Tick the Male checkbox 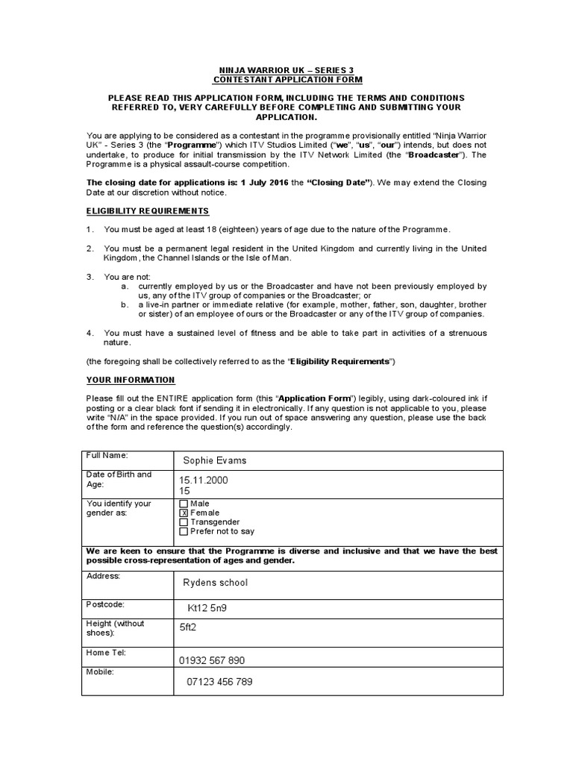click(x=184, y=504)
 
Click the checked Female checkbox click(x=184, y=513)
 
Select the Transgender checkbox click(x=184, y=522)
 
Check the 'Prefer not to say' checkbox click(x=184, y=532)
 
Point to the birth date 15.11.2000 click(x=204, y=480)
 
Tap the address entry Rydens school click(x=215, y=583)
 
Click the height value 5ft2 click(x=189, y=627)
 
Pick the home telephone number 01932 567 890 click(x=212, y=660)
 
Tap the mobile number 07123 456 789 click(x=220, y=682)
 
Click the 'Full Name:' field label click(x=107, y=454)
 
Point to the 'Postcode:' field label click(x=106, y=604)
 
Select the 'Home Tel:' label click(x=107, y=652)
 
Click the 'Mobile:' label click(x=101, y=671)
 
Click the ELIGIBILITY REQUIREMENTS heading click(x=148, y=211)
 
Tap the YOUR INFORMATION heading click(x=131, y=381)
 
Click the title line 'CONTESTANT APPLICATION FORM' click(x=287, y=80)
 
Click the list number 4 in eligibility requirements click(x=90, y=333)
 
